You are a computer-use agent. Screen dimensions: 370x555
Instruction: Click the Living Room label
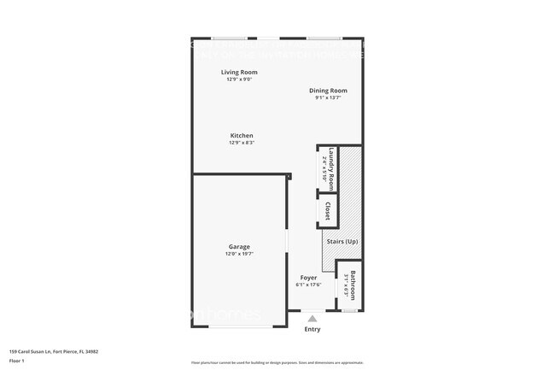click(x=239, y=73)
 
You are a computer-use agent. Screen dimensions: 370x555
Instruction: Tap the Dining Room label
click(x=328, y=91)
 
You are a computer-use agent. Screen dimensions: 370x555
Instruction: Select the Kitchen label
click(x=242, y=136)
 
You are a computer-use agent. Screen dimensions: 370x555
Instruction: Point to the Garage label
click(x=239, y=247)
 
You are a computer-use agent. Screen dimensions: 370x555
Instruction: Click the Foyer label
click(x=307, y=278)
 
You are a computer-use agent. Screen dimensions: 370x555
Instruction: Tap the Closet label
click(x=327, y=209)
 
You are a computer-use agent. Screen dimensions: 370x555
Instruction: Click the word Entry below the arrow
click(x=313, y=329)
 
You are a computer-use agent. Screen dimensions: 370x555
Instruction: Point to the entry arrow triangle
click(x=313, y=319)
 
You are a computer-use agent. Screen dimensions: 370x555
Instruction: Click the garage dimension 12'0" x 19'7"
click(x=239, y=254)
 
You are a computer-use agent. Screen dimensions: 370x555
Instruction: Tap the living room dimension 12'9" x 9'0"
click(x=239, y=79)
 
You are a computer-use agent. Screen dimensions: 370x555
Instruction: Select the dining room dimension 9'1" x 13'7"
click(x=328, y=97)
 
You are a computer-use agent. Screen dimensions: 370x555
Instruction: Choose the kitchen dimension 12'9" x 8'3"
click(x=242, y=143)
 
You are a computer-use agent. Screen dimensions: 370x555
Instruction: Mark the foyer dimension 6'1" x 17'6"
click(x=307, y=285)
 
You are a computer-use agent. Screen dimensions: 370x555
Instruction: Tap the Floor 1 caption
click(x=18, y=360)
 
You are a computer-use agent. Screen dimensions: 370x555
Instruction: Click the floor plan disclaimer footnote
click(x=277, y=362)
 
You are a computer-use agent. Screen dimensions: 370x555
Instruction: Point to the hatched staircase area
click(x=350, y=197)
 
